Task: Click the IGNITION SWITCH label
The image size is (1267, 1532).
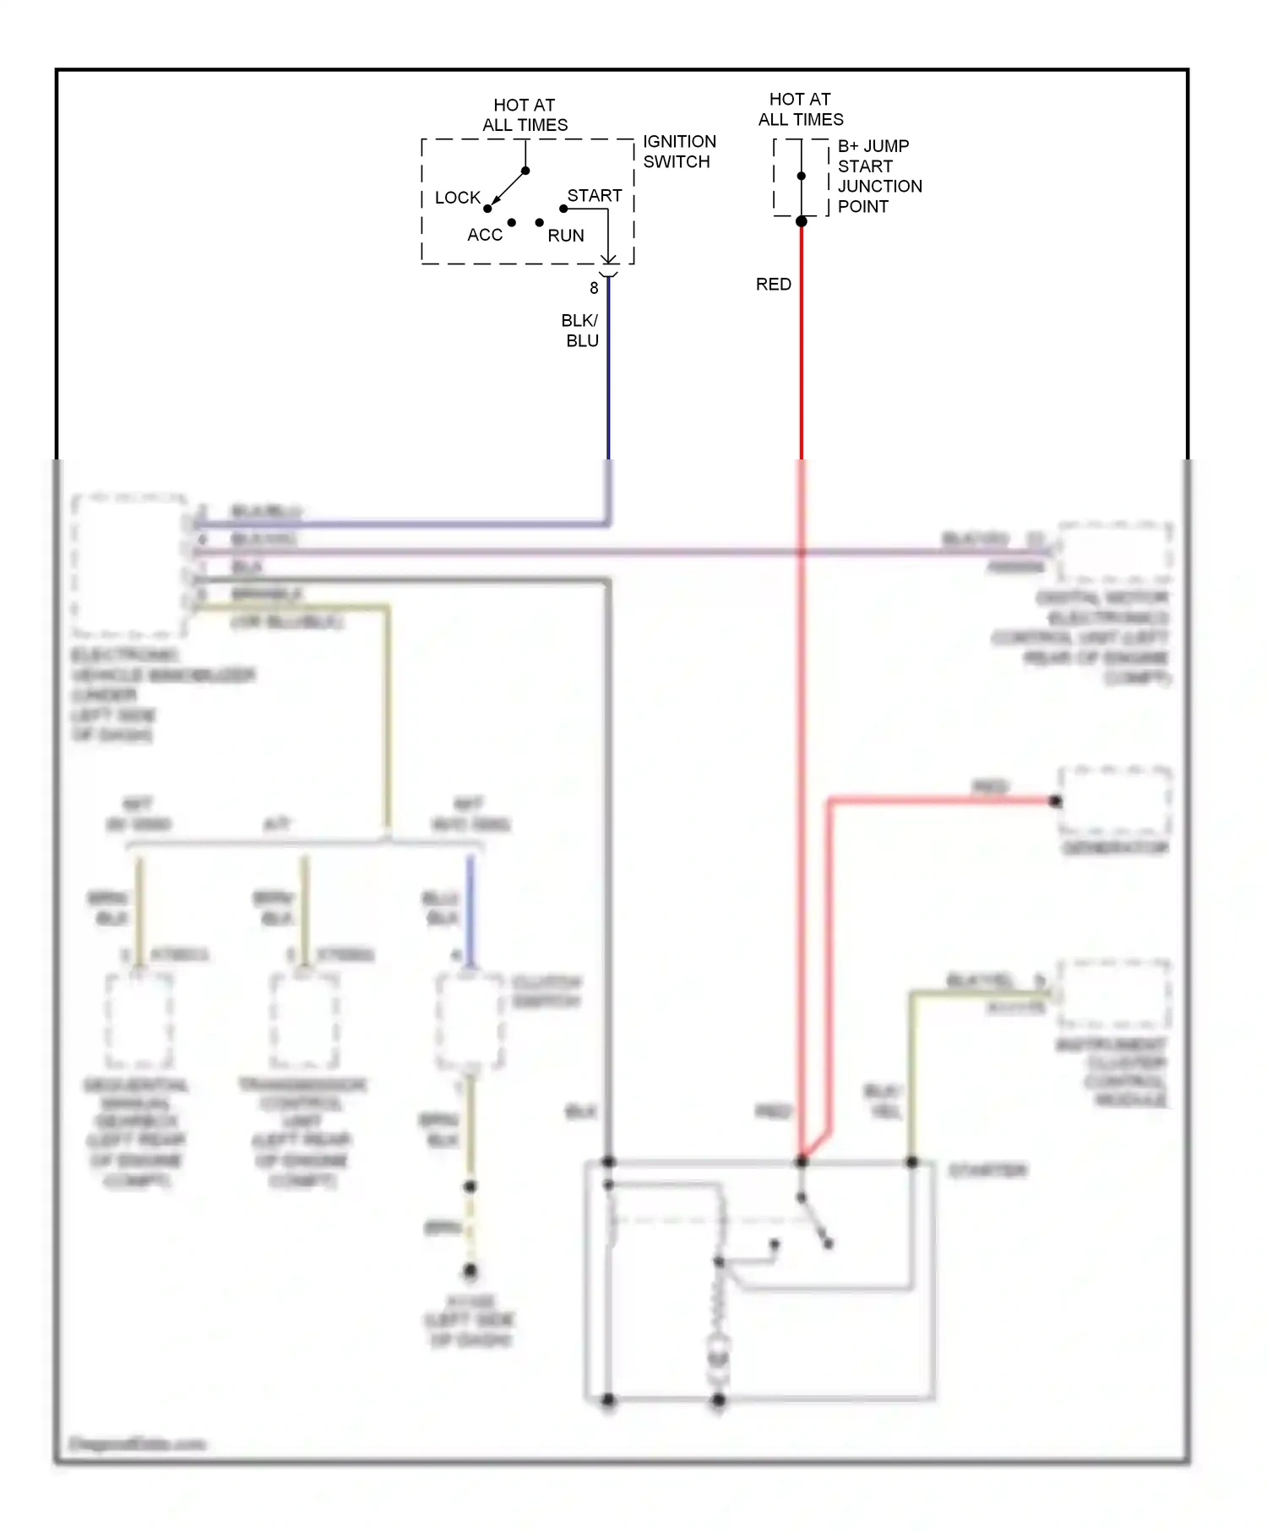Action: (x=678, y=152)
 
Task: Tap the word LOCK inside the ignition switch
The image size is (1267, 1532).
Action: (x=457, y=198)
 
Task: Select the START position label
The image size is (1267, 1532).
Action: (x=594, y=195)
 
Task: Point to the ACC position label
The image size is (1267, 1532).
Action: (x=485, y=235)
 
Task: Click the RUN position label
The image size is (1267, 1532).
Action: (x=565, y=236)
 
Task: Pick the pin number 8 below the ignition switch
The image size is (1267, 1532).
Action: (x=594, y=288)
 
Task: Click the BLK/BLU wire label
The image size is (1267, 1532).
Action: (x=580, y=330)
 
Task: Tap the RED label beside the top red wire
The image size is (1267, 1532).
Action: (x=773, y=285)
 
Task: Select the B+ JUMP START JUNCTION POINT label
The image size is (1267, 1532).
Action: (x=878, y=176)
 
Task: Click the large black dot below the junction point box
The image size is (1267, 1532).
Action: (x=802, y=221)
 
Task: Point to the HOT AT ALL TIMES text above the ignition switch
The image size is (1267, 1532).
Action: (x=525, y=115)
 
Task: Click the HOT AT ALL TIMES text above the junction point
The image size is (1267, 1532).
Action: (x=800, y=109)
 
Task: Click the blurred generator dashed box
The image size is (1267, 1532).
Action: (x=1115, y=800)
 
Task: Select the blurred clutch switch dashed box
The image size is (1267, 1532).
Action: (x=470, y=1022)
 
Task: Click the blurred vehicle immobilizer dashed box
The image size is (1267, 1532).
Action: (x=128, y=564)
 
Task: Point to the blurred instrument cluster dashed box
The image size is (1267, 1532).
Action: (x=1115, y=994)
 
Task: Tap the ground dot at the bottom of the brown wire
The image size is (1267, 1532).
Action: (x=470, y=1270)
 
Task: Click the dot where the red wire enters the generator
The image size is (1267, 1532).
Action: (x=1055, y=801)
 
